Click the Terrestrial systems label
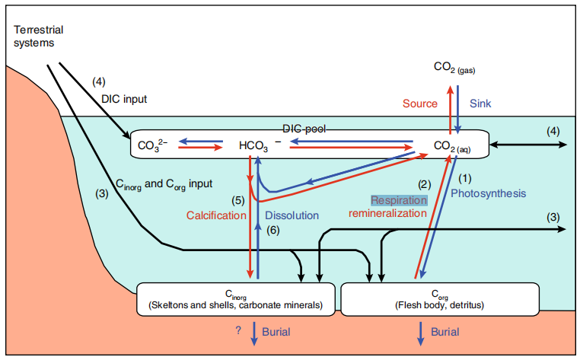point(39,36)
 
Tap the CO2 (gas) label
point(454,68)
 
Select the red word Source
point(420,104)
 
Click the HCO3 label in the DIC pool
point(254,144)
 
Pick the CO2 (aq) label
point(452,145)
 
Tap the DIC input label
point(123,98)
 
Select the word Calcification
point(217,215)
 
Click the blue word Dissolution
point(292,215)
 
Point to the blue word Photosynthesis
point(488,194)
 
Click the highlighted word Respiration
point(400,200)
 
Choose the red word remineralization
point(387,214)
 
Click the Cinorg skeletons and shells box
point(236,298)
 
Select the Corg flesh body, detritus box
point(441,298)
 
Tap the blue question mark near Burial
point(238,332)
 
